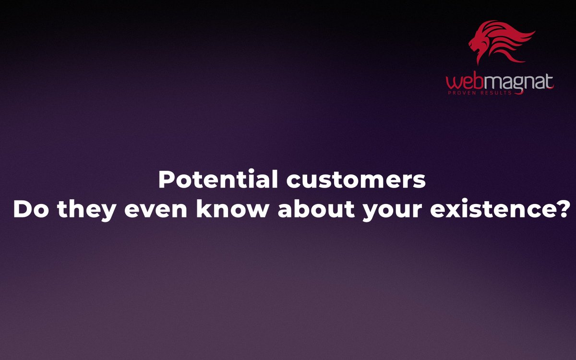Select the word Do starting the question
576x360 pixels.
coord(30,210)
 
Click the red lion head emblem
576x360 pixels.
coord(499,43)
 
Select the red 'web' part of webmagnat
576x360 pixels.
coord(462,83)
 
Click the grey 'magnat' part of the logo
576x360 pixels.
coord(516,83)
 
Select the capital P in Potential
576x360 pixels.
coord(166,180)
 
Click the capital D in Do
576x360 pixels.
coord(22,210)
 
